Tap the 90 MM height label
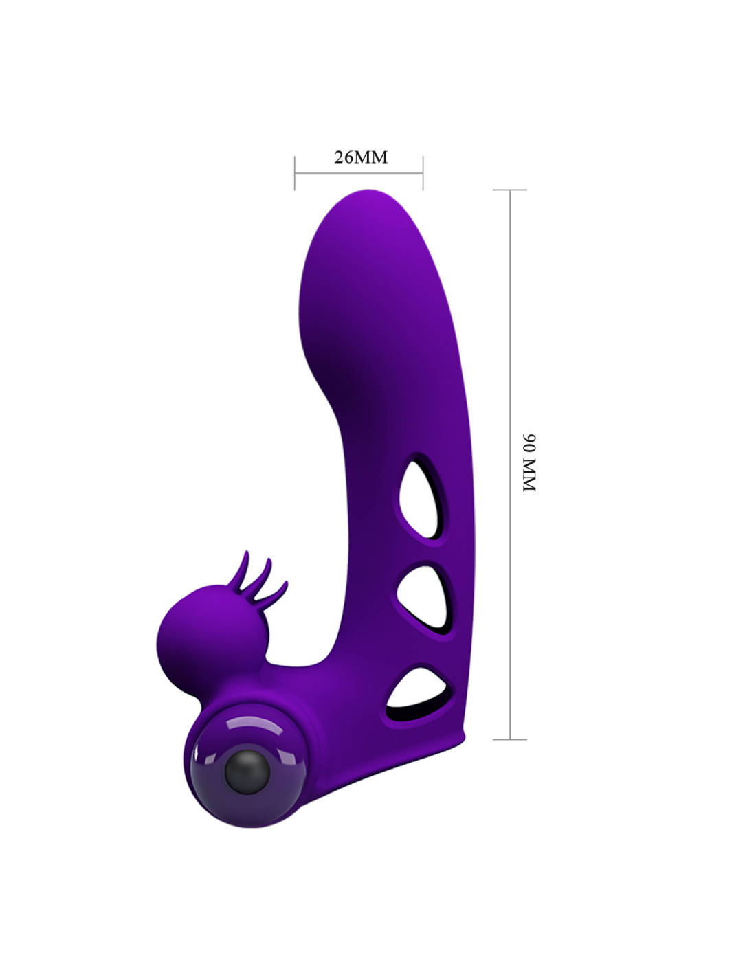click(529, 463)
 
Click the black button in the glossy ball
click(247, 772)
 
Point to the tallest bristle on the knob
click(243, 569)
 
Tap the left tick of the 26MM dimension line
click(295, 173)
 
